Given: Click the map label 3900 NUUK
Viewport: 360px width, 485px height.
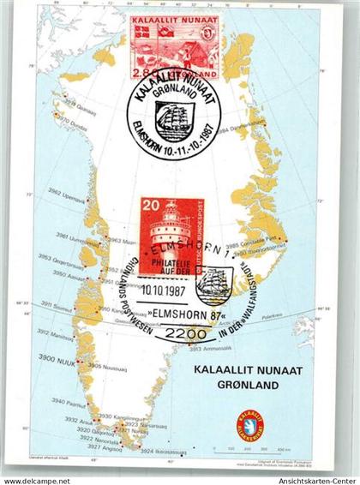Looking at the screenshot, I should tap(60, 356).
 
